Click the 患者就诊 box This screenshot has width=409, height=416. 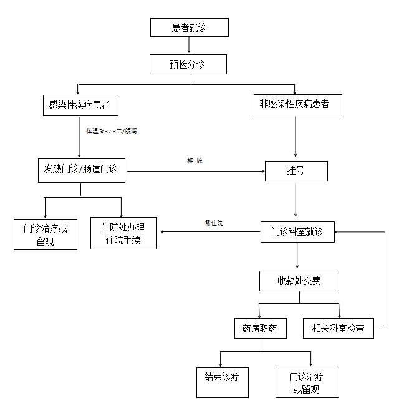point(189,27)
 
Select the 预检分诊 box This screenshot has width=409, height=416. point(188,64)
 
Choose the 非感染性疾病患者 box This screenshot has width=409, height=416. point(295,104)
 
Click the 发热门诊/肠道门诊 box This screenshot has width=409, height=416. point(80,170)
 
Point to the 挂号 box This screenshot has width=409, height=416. point(296,170)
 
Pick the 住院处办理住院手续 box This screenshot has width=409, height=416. point(123,233)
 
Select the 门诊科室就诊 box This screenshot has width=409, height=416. point(297,232)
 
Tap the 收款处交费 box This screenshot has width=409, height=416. point(299,281)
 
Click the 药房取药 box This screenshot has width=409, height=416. point(259,328)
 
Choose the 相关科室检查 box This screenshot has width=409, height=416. point(339,328)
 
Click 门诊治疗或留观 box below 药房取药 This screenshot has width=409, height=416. point(307,382)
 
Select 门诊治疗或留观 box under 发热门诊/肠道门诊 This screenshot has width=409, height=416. point(46,235)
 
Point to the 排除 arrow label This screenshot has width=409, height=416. point(195,161)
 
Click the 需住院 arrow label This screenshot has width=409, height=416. point(214,223)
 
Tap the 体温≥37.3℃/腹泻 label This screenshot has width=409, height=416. point(112,132)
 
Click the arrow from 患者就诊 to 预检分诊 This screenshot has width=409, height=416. point(189,46)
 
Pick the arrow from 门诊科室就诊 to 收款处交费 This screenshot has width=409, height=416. point(297,256)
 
